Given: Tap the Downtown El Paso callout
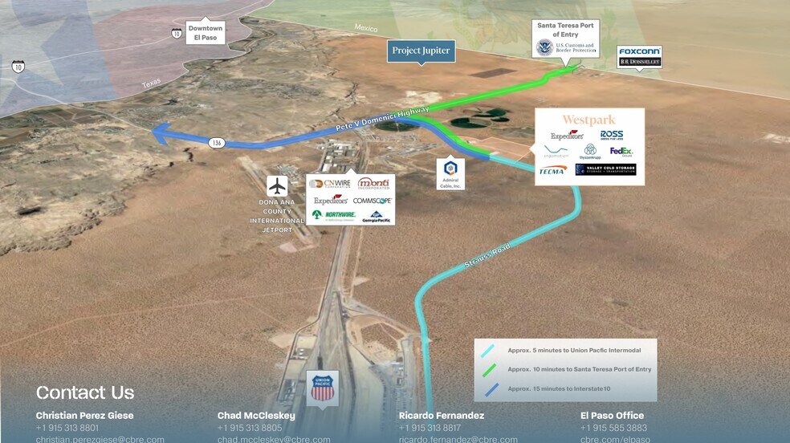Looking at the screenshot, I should pos(206,33).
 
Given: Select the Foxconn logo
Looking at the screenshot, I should pos(639,51).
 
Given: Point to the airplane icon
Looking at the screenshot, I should pos(277,186).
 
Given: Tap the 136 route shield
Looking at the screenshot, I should pos(216,143).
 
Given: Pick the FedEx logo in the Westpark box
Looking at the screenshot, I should pos(621,151).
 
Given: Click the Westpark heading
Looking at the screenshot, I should pos(588,120).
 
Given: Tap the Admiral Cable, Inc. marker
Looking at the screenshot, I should pos(450,173).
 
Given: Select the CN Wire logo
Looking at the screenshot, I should pos(330,183).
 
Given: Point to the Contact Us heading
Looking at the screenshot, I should pos(84,392).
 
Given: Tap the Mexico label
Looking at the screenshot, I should pos(366,28).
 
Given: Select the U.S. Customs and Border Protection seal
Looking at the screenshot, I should pos(545,47).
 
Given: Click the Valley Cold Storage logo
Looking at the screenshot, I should pos(605,169).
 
